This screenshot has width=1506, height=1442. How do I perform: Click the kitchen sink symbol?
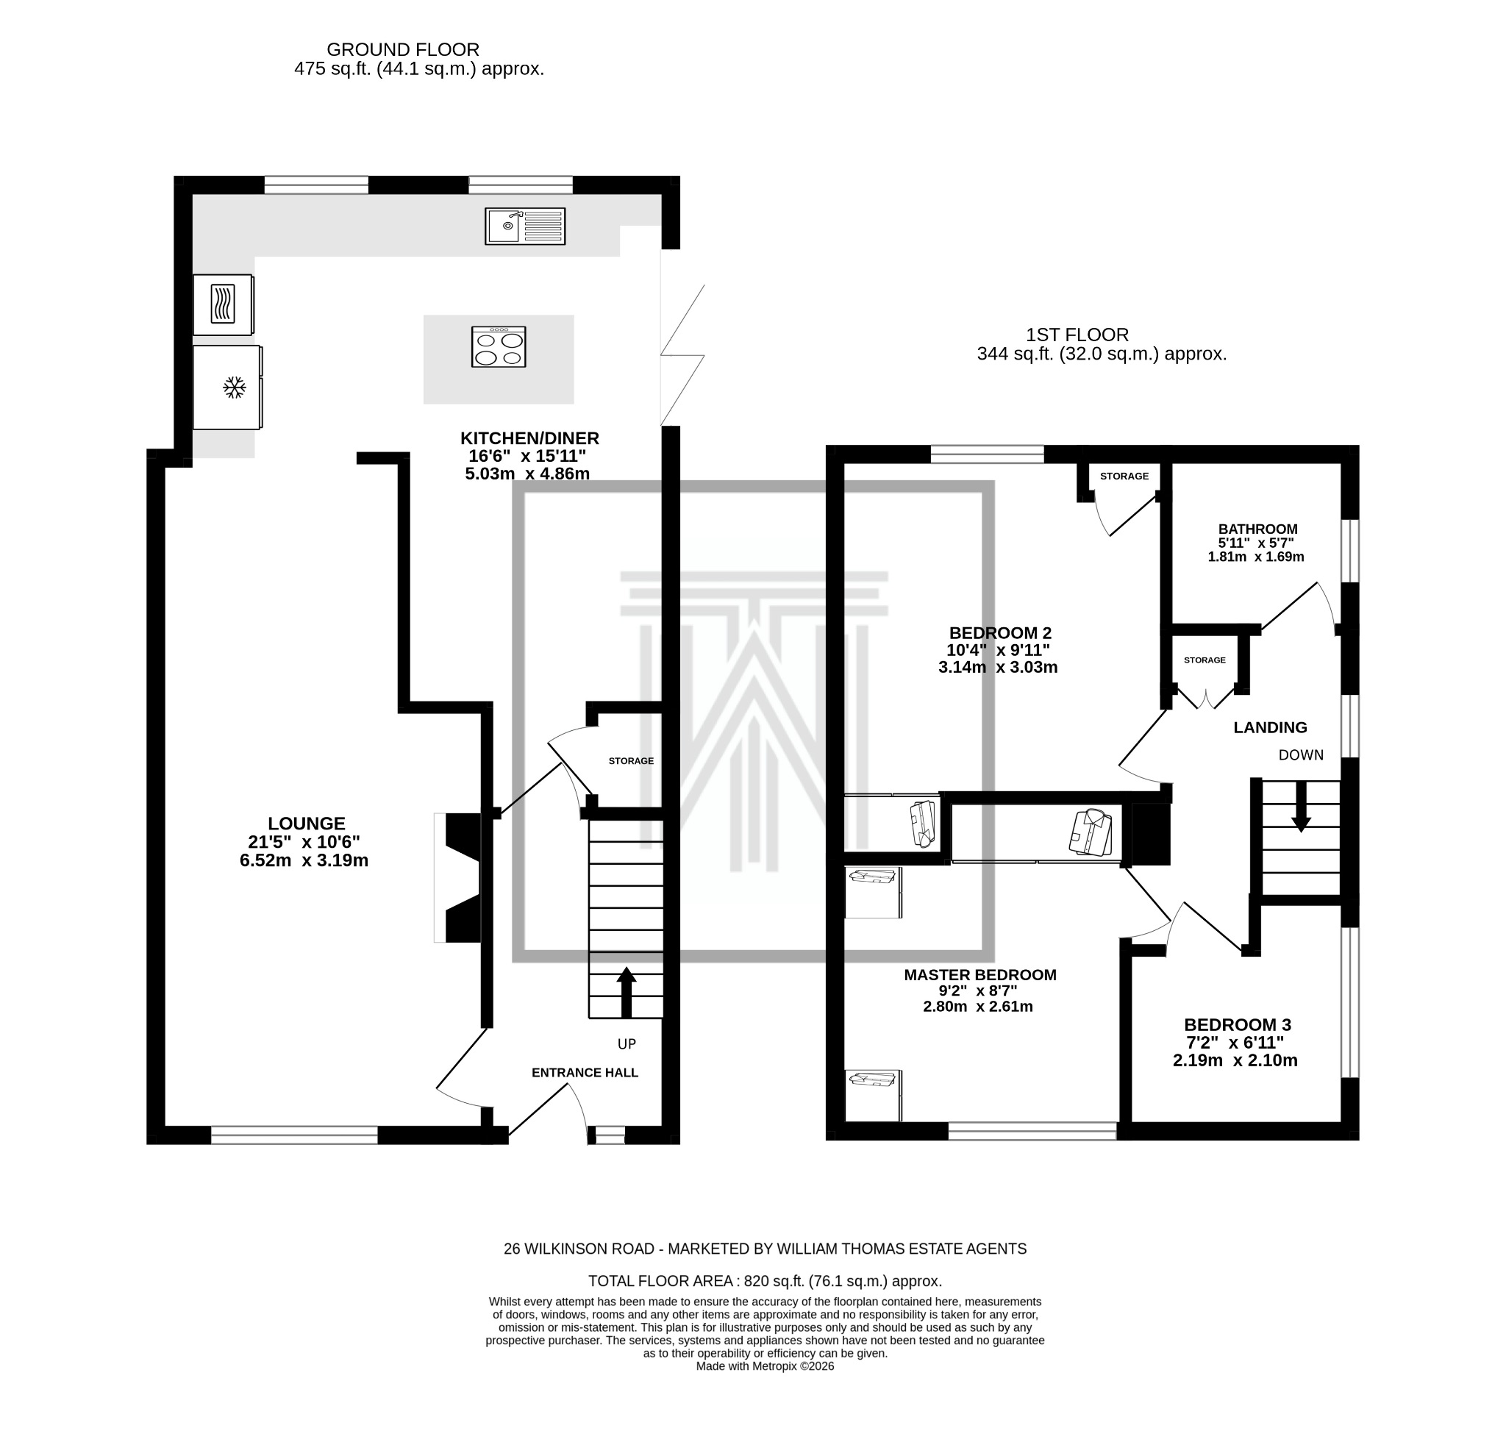click(x=525, y=226)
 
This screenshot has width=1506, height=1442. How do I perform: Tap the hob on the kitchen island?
click(x=499, y=347)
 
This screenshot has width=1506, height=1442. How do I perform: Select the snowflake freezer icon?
click(x=235, y=388)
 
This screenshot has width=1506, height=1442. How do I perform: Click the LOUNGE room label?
click(x=307, y=824)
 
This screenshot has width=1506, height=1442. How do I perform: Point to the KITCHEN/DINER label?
click(x=529, y=439)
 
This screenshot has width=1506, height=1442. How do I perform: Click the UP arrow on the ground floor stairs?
click(x=627, y=992)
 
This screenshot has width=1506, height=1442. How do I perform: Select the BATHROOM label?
click(x=1257, y=529)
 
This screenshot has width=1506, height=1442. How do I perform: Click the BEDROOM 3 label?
click(x=1237, y=1025)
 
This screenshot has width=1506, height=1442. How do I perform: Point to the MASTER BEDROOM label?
click(x=979, y=975)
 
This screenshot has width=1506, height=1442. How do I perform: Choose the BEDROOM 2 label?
click(x=999, y=633)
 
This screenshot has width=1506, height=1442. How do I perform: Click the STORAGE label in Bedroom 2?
click(x=1124, y=476)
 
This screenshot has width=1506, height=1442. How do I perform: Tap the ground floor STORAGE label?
click(x=631, y=761)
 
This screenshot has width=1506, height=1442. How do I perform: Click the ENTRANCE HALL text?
click(x=585, y=1072)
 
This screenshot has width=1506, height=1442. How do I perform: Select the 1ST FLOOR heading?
click(x=1077, y=335)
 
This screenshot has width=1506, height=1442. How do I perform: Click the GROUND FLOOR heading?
click(x=403, y=50)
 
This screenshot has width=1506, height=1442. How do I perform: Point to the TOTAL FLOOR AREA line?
click(x=765, y=1281)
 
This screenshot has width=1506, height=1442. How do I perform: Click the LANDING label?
click(x=1270, y=727)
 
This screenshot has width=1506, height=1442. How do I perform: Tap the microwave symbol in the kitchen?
click(x=223, y=304)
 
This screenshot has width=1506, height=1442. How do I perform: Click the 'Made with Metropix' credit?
click(x=765, y=1366)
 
